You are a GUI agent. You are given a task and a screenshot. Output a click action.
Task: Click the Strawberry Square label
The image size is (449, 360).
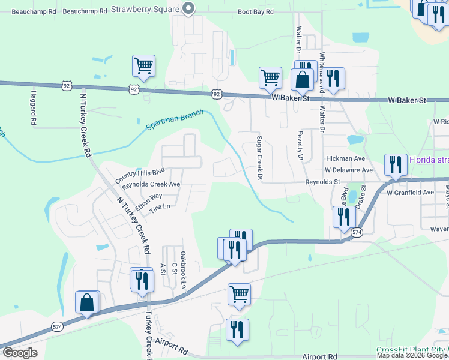click(145, 10)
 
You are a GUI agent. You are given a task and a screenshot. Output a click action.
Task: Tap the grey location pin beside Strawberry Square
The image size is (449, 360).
click(188, 8)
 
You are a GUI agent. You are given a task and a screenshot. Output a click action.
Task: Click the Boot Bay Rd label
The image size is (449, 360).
click(256, 11)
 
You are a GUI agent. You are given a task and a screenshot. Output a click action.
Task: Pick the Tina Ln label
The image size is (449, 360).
click(160, 207)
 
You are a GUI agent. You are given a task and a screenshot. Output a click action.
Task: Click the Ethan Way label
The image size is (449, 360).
click(148, 197)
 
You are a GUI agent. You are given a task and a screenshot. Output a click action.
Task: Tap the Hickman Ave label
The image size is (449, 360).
click(345, 159)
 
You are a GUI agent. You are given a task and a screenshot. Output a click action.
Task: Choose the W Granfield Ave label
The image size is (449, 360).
click(410, 193)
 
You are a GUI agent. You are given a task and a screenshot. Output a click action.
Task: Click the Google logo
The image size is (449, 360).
click(20, 353)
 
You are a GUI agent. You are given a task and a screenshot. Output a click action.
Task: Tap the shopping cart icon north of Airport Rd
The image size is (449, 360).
click(239, 294)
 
